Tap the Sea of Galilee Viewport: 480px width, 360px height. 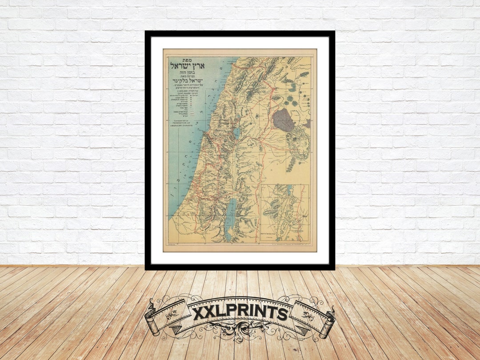pos(236,132)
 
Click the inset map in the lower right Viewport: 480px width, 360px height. pos(285,212)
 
